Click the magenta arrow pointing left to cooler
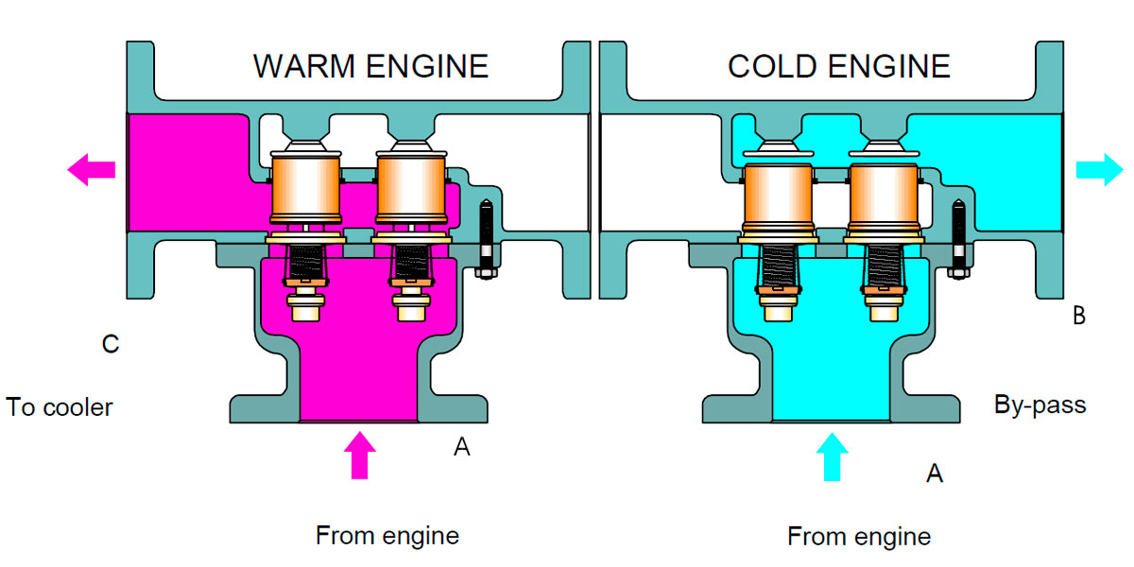(91, 170)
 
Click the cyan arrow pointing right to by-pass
(1100, 170)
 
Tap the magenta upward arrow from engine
(359, 455)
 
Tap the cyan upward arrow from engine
(832, 455)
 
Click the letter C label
(111, 344)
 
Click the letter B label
(1078, 317)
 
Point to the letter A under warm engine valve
(461, 447)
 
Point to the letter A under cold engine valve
(934, 473)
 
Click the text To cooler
(60, 407)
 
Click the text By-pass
(1039, 405)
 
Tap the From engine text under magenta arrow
(387, 536)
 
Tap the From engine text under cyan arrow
(859, 537)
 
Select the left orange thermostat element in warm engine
(305, 186)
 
